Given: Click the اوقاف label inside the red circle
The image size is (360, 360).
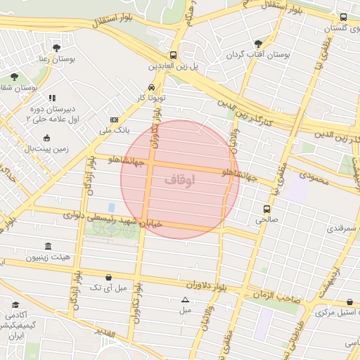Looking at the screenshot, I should pyautogui.click(x=180, y=180).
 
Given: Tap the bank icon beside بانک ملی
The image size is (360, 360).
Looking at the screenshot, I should pyautogui.click(x=115, y=120).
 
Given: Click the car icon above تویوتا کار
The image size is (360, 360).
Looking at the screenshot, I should pyautogui.click(x=152, y=89).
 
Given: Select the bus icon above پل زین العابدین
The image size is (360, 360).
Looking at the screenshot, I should pyautogui.click(x=173, y=55).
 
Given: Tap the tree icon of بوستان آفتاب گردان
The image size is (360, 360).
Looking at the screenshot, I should pyautogui.click(x=259, y=44).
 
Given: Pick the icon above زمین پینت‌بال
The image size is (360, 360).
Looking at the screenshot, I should pyautogui.click(x=47, y=138).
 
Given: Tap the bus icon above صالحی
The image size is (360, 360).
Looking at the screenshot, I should pyautogui.click(x=266, y=209).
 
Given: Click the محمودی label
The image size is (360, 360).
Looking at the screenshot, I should pyautogui.click(x=314, y=179).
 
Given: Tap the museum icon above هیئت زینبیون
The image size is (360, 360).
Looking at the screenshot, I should pyautogui.click(x=48, y=246).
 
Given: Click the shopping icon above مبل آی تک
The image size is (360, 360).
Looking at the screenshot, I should pyautogui.click(x=108, y=278).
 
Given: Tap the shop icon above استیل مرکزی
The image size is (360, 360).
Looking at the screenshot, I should pyautogui.click(x=350, y=302).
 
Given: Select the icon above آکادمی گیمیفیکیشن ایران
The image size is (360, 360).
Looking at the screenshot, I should pyautogui.click(x=15, y=305).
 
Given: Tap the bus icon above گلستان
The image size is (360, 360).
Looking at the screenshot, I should pyautogui.click(x=343, y=18).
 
